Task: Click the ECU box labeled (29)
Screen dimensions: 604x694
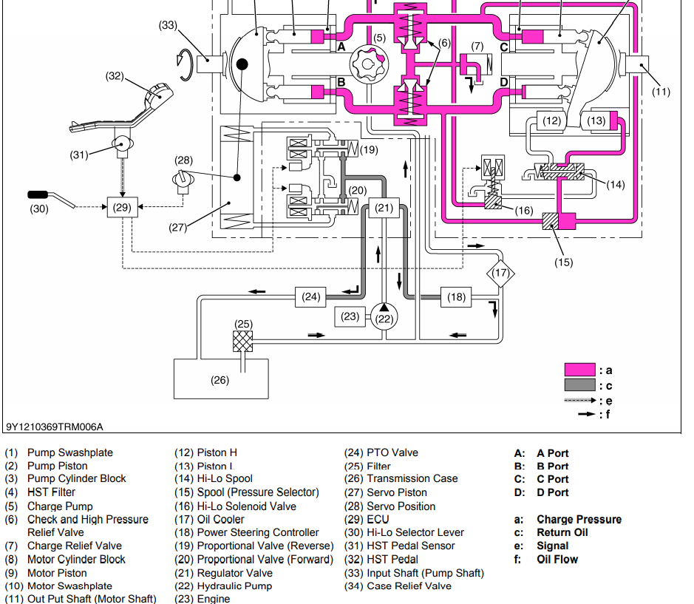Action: [122, 208]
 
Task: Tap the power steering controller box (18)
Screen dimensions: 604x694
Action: [457, 297]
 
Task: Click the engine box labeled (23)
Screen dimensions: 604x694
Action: [350, 316]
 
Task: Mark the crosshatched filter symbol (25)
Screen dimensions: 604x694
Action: [243, 341]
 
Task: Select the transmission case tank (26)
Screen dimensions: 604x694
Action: [220, 379]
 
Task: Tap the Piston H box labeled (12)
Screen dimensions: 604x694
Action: [552, 121]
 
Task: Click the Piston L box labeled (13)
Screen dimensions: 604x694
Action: [596, 121]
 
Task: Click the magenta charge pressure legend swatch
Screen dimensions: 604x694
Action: [579, 370]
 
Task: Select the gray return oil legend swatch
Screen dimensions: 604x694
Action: [579, 385]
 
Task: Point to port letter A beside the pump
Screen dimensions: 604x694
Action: [341, 47]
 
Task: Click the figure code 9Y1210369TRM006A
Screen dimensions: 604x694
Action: [55, 427]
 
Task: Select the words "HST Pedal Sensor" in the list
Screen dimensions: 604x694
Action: [411, 546]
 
